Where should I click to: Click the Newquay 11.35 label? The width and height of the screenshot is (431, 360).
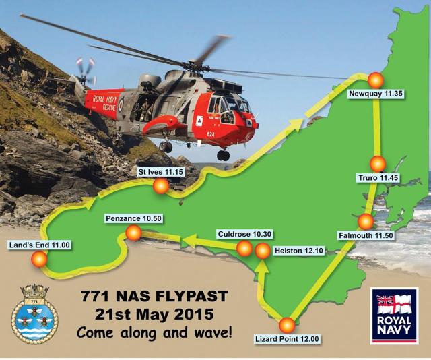pyautogui.click(x=376, y=95)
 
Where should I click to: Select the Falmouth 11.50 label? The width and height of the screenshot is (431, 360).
pyautogui.click(x=365, y=236)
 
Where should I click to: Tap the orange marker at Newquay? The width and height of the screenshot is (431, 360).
pyautogui.click(x=374, y=79)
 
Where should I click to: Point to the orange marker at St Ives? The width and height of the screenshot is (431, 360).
pyautogui.click(x=160, y=187)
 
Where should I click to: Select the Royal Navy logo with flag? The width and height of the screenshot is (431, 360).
pyautogui.click(x=394, y=316)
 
